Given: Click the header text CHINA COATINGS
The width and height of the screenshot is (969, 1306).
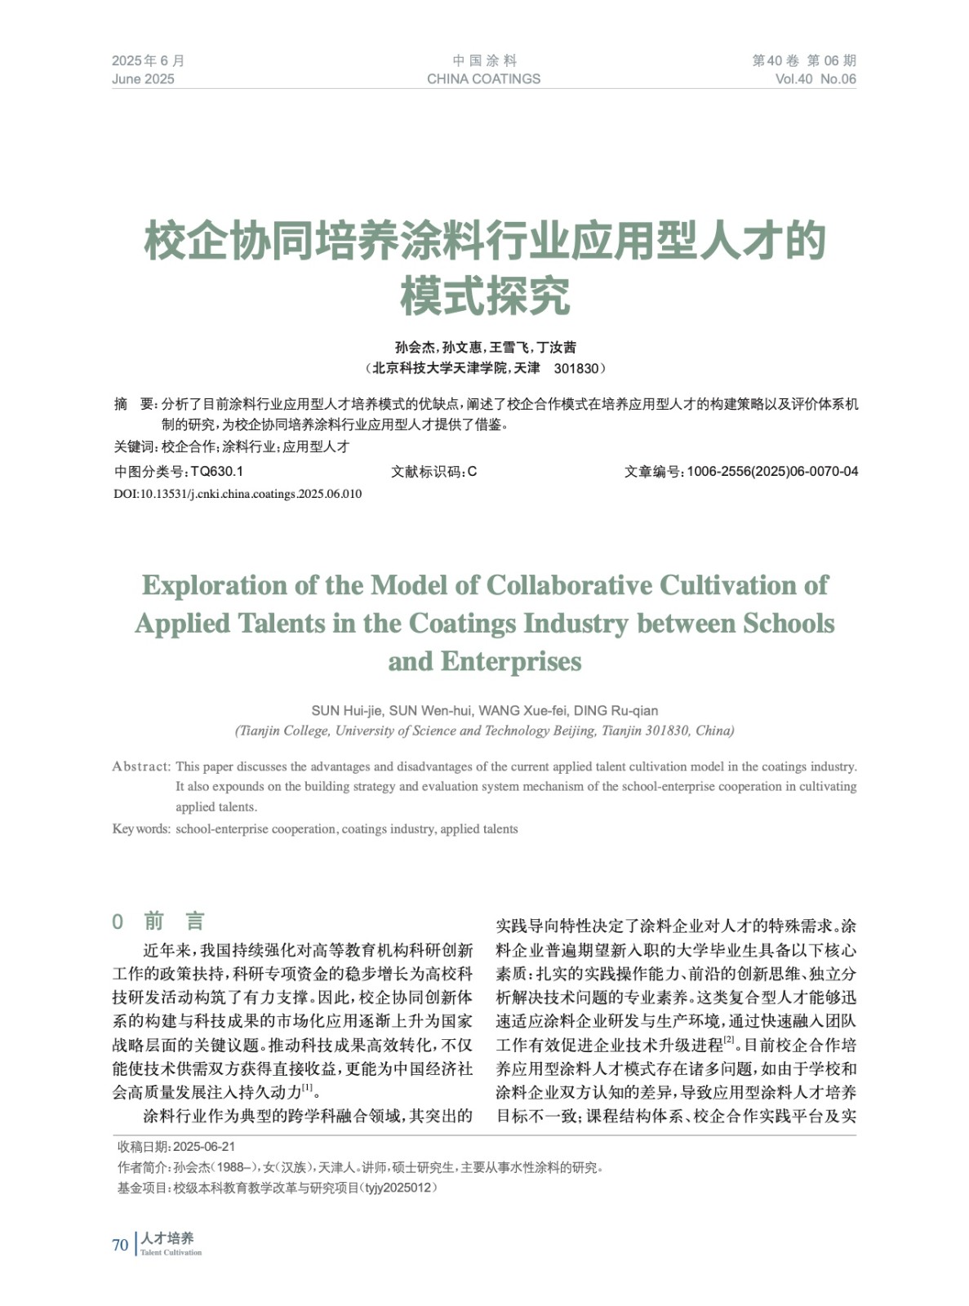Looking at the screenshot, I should [x=483, y=79].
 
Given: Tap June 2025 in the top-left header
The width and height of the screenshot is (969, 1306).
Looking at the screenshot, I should [x=143, y=79].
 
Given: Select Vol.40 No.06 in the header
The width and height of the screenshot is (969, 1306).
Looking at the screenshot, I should [x=816, y=79].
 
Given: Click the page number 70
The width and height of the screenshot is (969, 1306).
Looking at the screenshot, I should [x=120, y=1245].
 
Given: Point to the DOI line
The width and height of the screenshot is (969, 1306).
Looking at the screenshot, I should [x=238, y=494].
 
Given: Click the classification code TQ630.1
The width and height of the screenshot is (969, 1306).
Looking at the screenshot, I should [x=216, y=471].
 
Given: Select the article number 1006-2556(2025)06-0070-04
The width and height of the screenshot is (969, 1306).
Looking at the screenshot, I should [x=772, y=471].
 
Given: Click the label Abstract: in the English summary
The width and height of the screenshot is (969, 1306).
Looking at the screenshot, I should [x=141, y=766].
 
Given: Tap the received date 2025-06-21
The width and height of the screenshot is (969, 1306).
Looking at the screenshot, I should [x=204, y=1147].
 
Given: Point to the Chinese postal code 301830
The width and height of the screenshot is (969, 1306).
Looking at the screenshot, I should [x=576, y=368].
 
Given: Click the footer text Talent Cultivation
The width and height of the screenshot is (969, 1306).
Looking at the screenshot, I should [x=171, y=1253].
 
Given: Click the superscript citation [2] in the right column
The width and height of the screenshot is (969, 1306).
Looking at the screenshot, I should [x=729, y=1040].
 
